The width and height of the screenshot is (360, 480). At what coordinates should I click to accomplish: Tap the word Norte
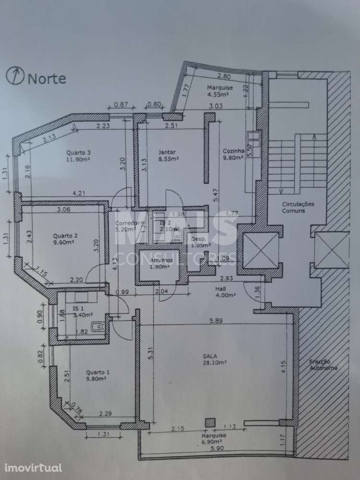47,78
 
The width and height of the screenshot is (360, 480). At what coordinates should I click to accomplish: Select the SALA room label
208,356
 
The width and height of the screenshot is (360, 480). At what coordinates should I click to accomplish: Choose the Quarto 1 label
98,372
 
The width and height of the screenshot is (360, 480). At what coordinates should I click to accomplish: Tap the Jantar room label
168,152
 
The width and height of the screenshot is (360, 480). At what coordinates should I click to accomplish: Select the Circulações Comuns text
298,207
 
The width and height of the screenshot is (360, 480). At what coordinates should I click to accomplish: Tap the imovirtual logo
34,467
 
